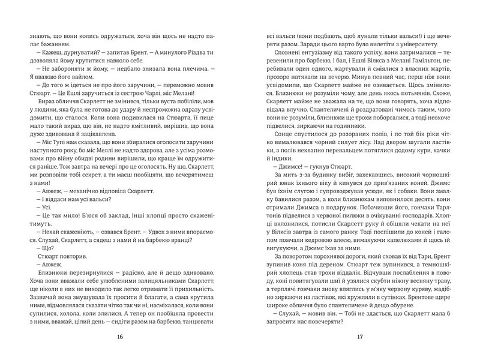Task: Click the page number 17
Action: (360, 337)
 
